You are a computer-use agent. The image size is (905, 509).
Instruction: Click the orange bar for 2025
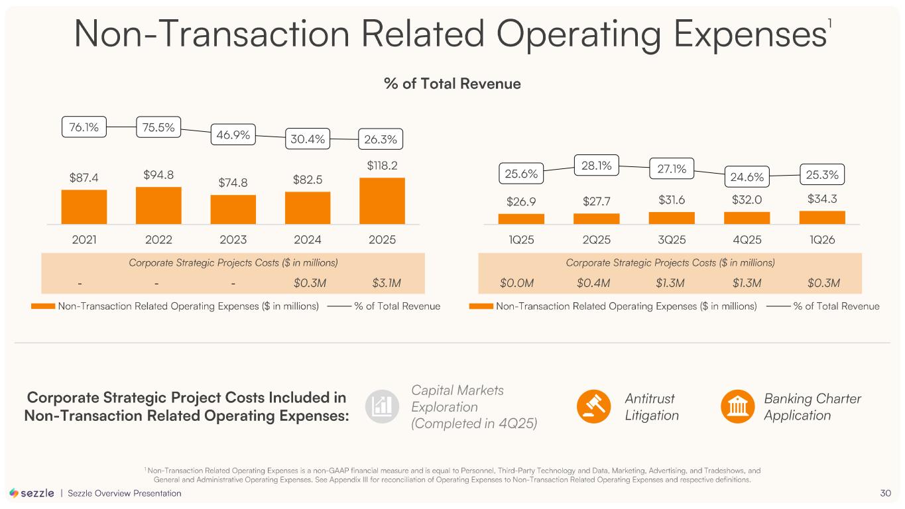382,201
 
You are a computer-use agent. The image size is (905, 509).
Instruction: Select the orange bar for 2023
233,209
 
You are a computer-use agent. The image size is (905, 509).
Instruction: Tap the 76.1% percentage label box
84,127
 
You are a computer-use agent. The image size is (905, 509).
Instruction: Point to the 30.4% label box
308,139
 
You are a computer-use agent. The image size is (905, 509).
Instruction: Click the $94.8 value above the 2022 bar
158,175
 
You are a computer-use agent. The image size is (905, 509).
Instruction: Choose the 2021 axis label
84,239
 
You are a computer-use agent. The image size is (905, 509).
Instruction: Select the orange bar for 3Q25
672,218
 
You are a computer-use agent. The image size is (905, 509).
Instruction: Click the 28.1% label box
596,165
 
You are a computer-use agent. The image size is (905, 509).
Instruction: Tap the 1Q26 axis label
822,239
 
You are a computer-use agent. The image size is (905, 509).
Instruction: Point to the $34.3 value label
822,199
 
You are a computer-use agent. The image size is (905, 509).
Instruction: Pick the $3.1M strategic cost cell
387,283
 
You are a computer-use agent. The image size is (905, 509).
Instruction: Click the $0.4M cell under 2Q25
593,283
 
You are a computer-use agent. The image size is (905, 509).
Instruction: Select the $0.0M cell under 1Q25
516,283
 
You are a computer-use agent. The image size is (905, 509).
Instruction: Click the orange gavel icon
593,406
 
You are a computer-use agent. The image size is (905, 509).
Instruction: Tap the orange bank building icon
738,406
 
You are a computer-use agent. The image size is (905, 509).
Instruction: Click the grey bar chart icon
382,406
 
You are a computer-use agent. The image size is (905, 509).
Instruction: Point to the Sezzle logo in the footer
32,493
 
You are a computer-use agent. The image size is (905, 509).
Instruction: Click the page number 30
885,493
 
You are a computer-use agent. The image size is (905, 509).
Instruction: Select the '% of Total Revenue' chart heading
452,84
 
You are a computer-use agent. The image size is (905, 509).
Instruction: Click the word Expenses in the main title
751,34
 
